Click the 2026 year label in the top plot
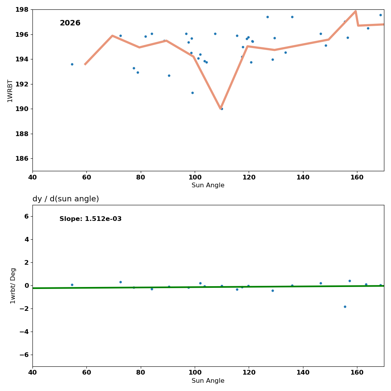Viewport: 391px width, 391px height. [x=70, y=23]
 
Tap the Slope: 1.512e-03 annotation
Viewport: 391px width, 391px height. [x=90, y=219]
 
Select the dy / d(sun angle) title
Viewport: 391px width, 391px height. [x=66, y=199]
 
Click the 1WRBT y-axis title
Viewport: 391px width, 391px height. [x=10, y=91]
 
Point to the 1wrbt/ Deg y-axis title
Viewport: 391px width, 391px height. [x=13, y=286]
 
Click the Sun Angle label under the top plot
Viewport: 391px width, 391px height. [x=208, y=185]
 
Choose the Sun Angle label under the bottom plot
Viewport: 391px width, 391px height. [x=208, y=381]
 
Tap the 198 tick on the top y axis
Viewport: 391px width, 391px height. [x=23, y=9]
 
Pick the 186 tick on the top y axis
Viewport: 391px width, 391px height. [x=23, y=158]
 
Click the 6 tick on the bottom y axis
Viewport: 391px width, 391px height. [x=27, y=216]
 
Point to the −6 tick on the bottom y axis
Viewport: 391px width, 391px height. [x=24, y=355]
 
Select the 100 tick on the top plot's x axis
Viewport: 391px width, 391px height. [x=195, y=178]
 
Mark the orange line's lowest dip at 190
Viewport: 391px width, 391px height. [x=221, y=108]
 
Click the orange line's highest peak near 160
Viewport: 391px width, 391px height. [x=355, y=11]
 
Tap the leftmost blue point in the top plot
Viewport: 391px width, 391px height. [x=72, y=64]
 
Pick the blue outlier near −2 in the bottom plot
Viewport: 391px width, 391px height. [x=345, y=307]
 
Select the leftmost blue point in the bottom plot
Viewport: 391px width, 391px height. [x=72, y=285]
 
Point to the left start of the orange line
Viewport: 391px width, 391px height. [x=85, y=64]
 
